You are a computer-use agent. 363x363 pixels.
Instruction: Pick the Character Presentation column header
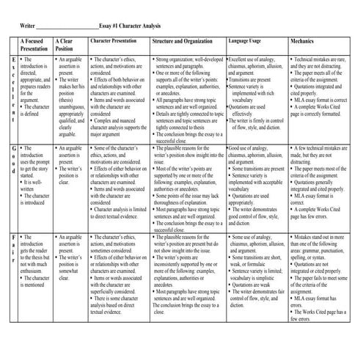point(117,42)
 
